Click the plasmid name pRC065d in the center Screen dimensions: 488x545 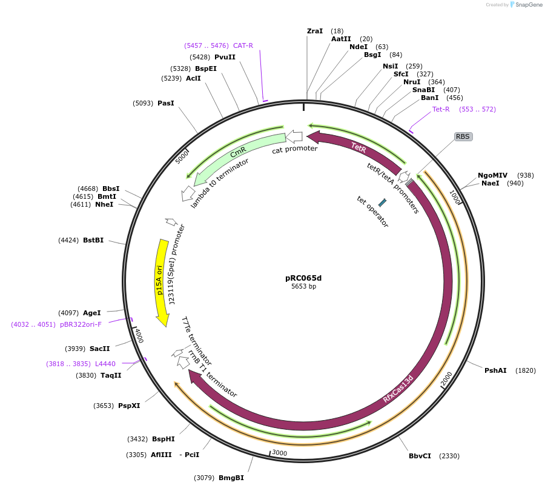(x=303, y=278)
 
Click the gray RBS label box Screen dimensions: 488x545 (x=463, y=136)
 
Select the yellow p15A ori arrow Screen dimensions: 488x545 (x=160, y=279)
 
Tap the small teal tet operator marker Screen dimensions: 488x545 (x=382, y=202)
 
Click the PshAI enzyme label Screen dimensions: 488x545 (x=495, y=370)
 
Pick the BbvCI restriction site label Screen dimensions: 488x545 (x=420, y=456)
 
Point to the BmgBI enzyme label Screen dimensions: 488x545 (x=231, y=478)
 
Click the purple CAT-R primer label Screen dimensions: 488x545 (x=243, y=45)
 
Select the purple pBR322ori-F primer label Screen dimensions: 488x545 (x=81, y=324)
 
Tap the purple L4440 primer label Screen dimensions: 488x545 (x=105, y=364)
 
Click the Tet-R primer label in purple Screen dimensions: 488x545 (x=441, y=109)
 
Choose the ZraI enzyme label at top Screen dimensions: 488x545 (x=315, y=31)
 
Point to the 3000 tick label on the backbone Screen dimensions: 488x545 (x=279, y=453)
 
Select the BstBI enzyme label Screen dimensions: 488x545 (x=93, y=240)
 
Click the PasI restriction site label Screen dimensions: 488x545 (x=165, y=103)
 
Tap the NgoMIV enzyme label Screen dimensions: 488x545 (x=492, y=175)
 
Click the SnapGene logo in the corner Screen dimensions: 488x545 (x=521, y=5)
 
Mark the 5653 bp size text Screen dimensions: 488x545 (x=303, y=287)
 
